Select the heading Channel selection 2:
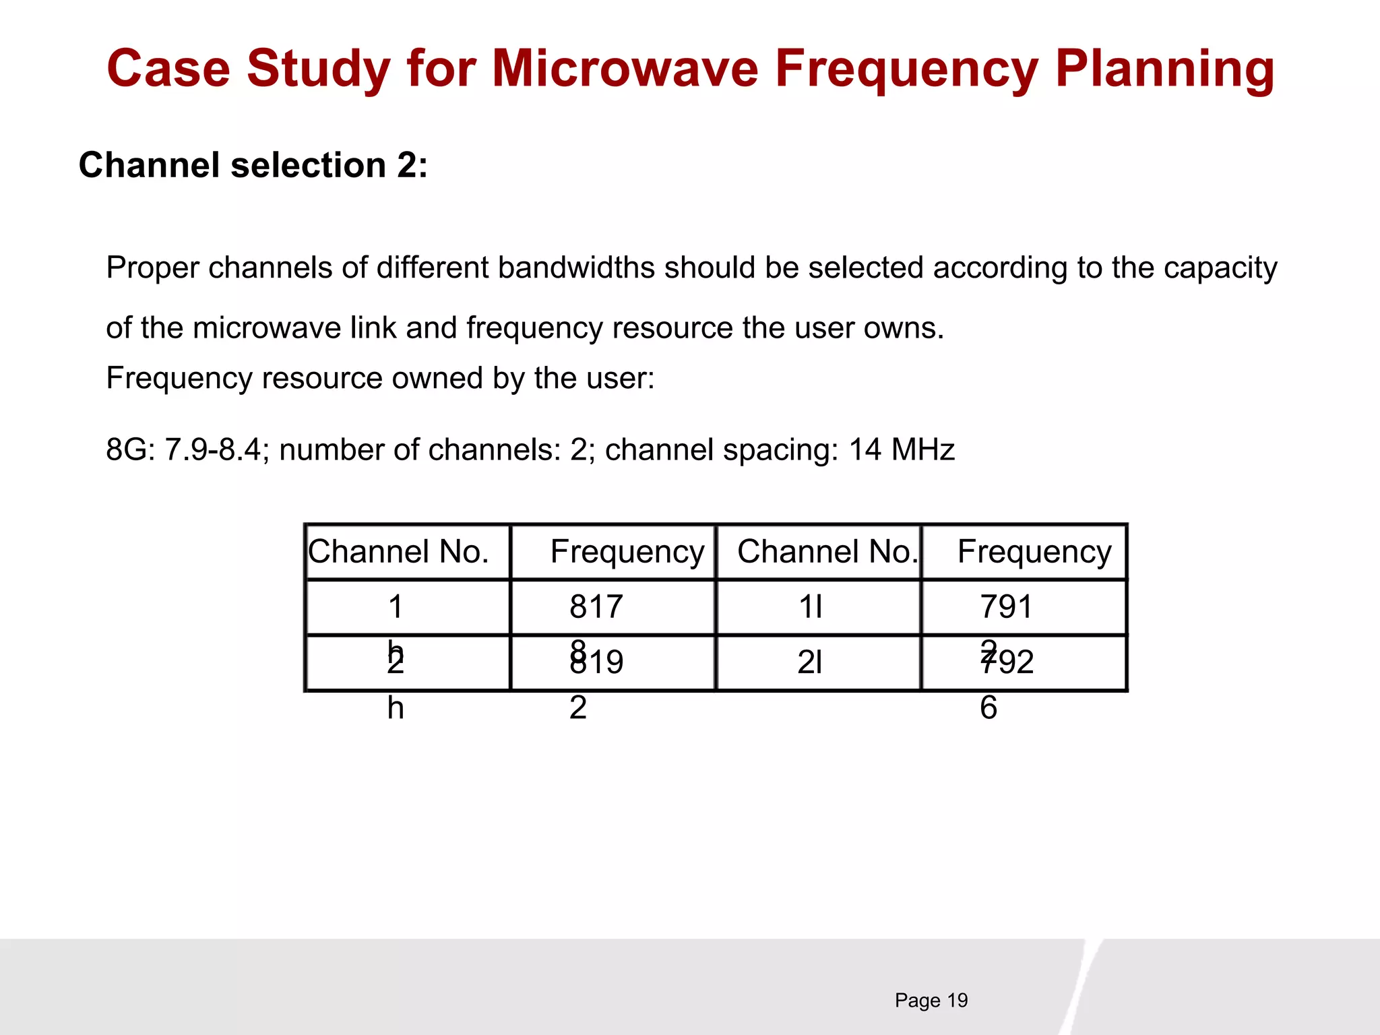253,165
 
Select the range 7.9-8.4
212,449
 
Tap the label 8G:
131,449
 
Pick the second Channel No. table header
827,552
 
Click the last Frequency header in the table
1034,552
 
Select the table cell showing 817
596,606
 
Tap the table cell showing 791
1005,606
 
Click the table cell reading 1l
811,606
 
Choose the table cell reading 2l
810,662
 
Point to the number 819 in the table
597,662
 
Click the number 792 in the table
1007,662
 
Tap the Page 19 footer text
931,1000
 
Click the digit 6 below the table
988,708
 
